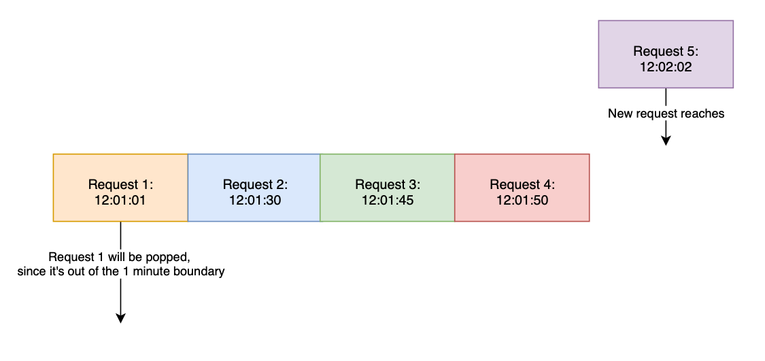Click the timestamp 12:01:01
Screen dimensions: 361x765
tap(121, 201)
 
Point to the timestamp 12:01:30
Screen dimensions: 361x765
tap(255, 201)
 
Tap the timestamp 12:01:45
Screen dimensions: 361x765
tap(388, 201)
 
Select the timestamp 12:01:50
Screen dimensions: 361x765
tap(522, 201)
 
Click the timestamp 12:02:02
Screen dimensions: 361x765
tap(666, 67)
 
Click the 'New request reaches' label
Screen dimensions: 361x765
tap(666, 114)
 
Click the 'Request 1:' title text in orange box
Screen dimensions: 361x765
tap(121, 184)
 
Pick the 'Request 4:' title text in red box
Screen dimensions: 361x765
tap(522, 184)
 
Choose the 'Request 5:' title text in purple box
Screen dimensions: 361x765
tap(666, 51)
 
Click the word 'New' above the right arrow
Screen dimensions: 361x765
tap(619, 114)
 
